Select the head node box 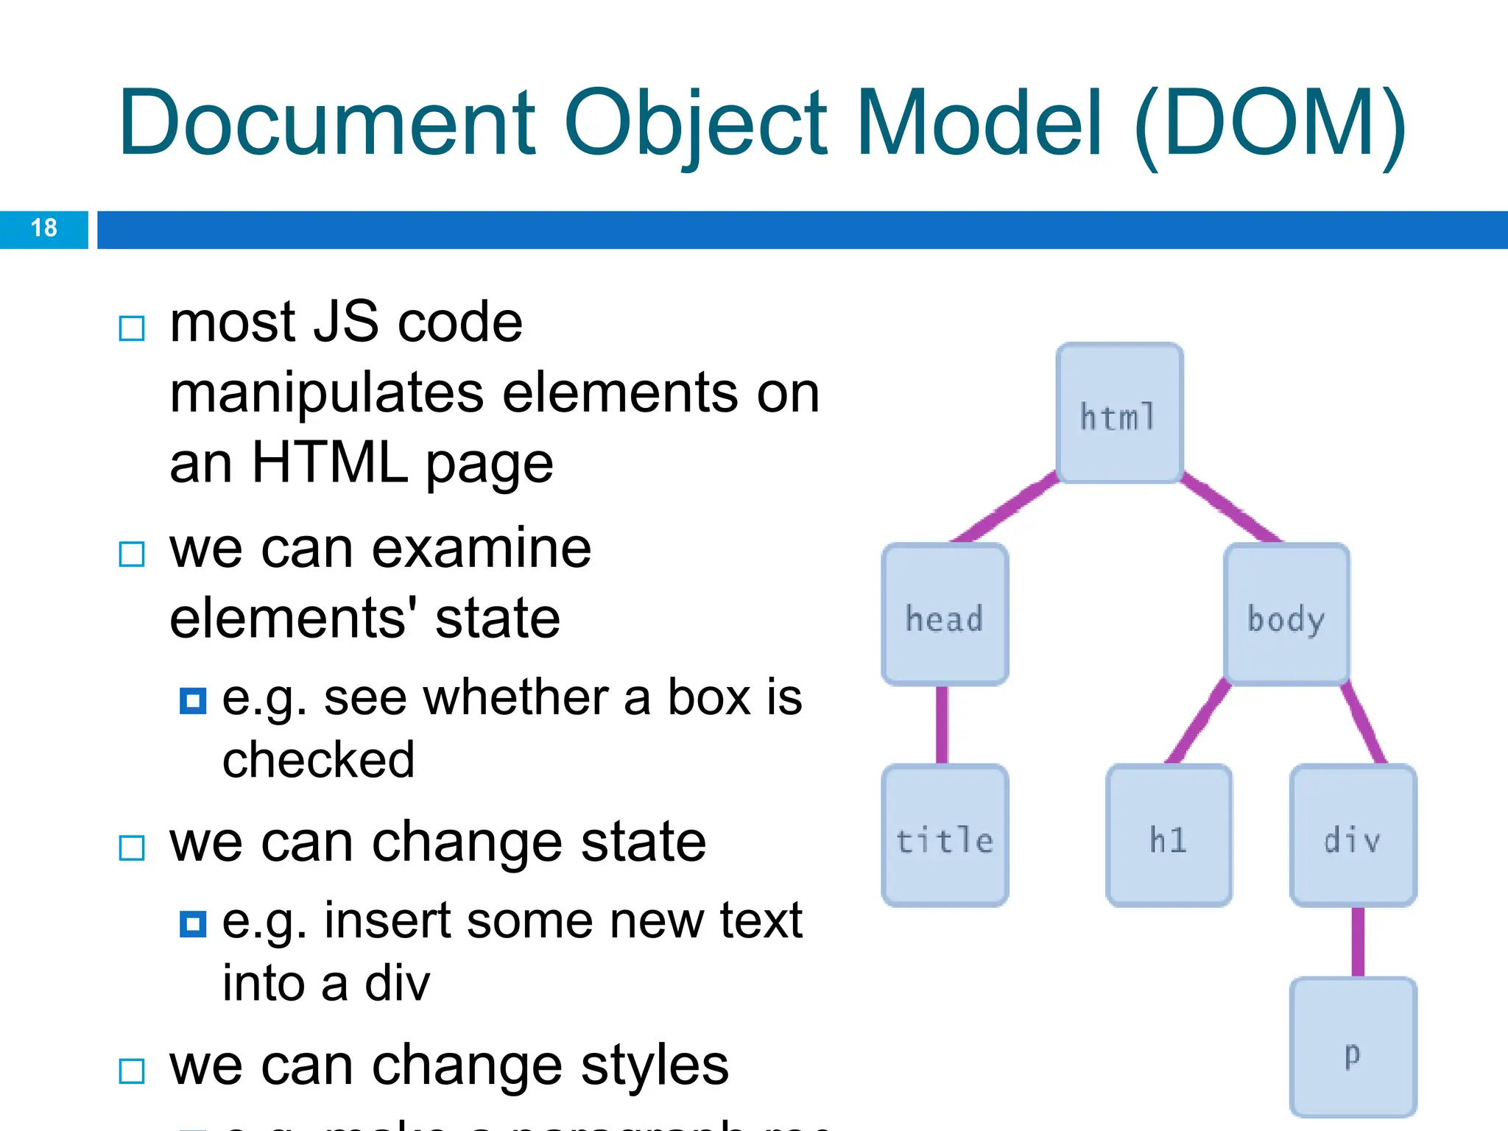point(945,615)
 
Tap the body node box point(1286,615)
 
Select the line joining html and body point(1231,510)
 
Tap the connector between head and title point(942,725)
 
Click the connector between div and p point(1358,942)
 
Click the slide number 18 point(44,228)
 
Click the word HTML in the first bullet point(329,462)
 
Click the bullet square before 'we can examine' point(132,554)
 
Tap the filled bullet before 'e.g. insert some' point(193,923)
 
